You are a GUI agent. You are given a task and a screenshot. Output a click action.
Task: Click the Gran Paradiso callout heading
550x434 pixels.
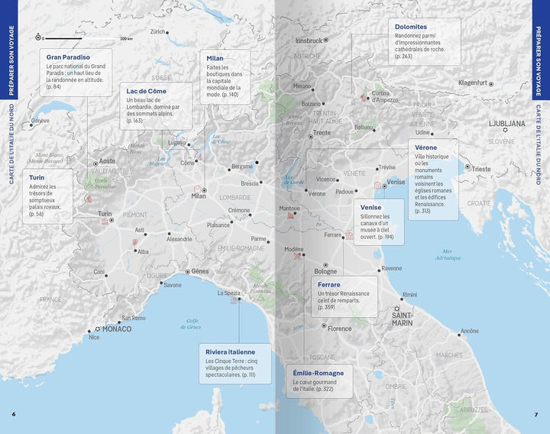(68, 57)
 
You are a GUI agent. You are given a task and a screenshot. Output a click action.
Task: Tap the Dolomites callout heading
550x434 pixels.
(411, 27)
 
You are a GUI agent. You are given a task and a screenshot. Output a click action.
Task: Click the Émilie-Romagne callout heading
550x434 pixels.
(318, 373)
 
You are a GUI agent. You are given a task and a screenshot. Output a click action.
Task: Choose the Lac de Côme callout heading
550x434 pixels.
(147, 91)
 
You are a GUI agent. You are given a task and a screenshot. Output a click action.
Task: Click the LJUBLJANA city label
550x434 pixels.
(506, 123)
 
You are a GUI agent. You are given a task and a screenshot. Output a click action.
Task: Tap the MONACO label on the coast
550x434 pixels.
(117, 329)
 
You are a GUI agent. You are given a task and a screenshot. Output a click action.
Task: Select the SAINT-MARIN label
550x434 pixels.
(402, 318)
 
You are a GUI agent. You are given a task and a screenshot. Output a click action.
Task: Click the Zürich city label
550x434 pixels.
(158, 32)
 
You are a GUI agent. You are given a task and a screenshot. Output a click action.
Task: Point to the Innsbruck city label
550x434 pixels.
(309, 40)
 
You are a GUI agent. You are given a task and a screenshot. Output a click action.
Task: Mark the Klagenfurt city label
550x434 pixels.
(472, 83)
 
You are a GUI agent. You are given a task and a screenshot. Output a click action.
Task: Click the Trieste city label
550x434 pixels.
(481, 169)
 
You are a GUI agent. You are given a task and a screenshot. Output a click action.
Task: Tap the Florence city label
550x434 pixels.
(339, 329)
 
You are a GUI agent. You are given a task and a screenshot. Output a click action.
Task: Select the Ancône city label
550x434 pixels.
(469, 332)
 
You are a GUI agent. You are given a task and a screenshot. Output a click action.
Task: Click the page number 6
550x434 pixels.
(13, 415)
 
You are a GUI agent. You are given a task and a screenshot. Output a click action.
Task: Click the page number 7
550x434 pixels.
(536, 415)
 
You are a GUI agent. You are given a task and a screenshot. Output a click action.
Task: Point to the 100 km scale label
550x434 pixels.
(126, 38)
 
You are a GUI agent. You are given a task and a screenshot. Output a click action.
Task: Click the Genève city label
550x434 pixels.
(40, 121)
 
